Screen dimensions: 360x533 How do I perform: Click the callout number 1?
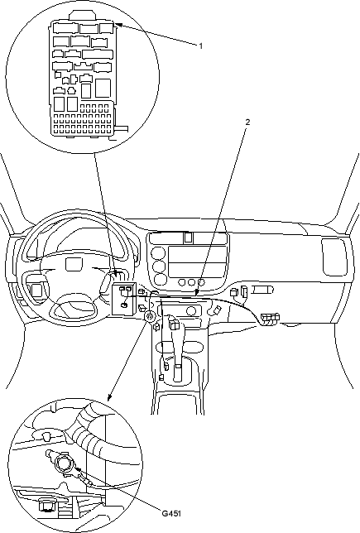201,46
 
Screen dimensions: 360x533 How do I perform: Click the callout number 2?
247,122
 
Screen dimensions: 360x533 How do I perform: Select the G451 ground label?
171,513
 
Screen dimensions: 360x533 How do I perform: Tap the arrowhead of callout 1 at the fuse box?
118,25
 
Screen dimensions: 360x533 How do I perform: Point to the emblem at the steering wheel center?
74,264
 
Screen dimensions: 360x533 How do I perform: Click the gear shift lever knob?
174,324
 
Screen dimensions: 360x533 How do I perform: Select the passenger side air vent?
334,257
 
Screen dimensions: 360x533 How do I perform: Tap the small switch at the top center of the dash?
188,238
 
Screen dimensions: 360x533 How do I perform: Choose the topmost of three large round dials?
158,253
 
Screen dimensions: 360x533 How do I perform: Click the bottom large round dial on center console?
160,279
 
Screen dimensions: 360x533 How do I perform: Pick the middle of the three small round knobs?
191,282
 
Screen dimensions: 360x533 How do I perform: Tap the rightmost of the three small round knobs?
201,282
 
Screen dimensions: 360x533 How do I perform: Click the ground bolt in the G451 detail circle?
63,463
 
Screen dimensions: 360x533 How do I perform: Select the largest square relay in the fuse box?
103,88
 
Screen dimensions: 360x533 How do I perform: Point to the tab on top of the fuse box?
82,16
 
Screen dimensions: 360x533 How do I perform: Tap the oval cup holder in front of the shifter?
180,347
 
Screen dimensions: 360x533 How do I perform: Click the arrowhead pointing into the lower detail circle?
109,397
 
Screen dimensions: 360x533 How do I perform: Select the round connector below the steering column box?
149,316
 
